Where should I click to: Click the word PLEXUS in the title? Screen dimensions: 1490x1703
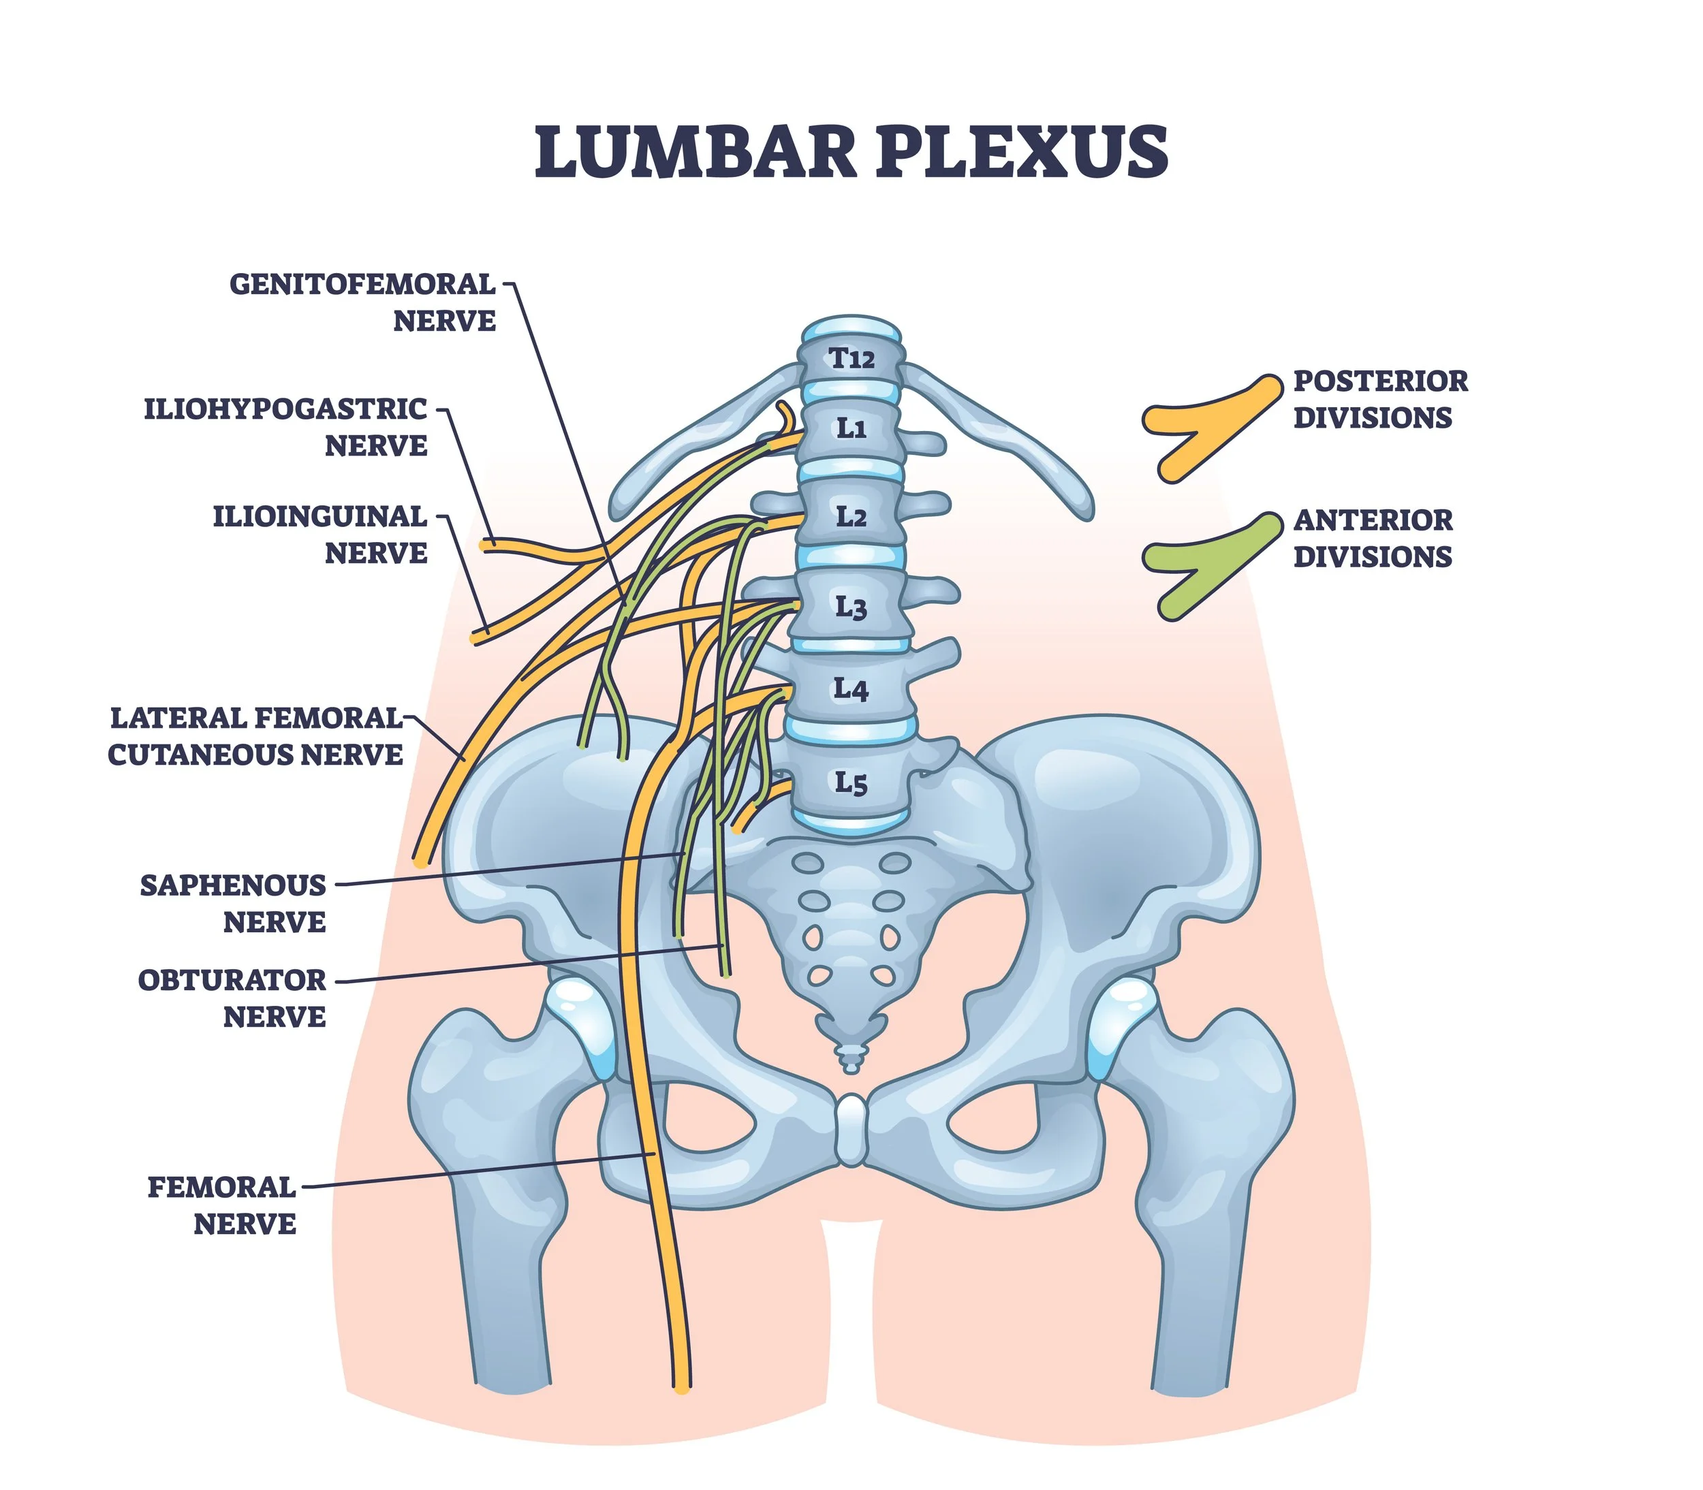point(1022,151)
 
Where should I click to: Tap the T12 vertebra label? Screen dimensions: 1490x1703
point(851,359)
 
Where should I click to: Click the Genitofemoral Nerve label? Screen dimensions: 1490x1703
point(362,302)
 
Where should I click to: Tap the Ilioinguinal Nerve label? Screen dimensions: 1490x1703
point(320,535)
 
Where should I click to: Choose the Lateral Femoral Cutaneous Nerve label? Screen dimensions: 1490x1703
point(255,737)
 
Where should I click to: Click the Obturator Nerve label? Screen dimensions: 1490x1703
point(233,998)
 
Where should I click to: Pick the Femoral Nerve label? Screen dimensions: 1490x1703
point(223,1205)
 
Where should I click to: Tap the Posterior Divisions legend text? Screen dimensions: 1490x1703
point(1380,400)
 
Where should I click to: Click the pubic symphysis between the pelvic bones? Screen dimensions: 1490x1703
point(851,1131)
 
